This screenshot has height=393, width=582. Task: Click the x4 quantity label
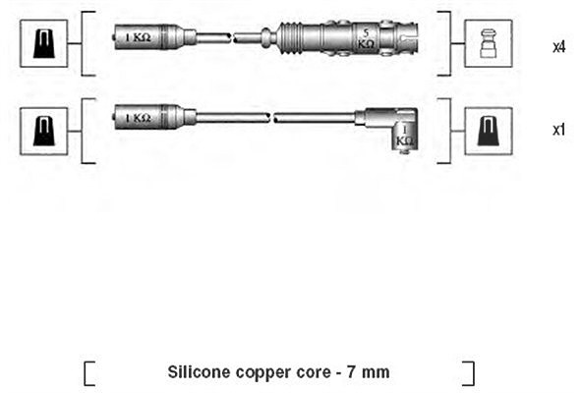[559, 47]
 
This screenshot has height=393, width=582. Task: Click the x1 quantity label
[559, 131]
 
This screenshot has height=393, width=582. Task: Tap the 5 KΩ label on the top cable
[366, 39]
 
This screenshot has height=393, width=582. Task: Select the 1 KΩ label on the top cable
[138, 37]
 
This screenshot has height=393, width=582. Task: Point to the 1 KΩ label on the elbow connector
[405, 136]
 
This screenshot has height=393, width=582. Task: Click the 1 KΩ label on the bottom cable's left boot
[138, 118]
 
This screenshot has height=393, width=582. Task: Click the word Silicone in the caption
[194, 371]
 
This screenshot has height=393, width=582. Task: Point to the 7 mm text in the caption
[369, 372]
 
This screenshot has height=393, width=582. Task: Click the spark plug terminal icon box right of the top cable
[489, 44]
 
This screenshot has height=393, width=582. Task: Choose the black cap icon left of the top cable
[44, 44]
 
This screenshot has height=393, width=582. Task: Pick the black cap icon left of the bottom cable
[44, 132]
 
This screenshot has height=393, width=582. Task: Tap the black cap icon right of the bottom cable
[489, 132]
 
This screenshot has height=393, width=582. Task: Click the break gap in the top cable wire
[232, 37]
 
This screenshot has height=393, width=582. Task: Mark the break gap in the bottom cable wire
[271, 118]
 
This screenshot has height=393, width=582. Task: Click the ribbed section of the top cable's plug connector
[290, 38]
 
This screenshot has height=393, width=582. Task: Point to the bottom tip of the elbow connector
[405, 152]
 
